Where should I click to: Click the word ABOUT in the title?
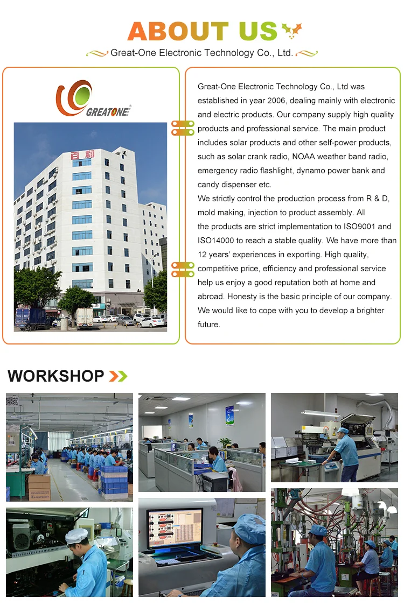(178, 31)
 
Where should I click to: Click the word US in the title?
(258, 31)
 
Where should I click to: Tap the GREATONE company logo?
(93, 99)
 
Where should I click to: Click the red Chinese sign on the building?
(82, 155)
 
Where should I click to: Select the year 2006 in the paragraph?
(276, 100)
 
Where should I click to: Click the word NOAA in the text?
(304, 156)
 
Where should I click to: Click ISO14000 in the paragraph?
(216, 241)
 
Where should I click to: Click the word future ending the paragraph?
(208, 325)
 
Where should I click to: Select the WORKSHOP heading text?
(56, 376)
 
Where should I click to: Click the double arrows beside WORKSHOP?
(118, 376)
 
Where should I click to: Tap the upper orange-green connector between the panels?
(183, 128)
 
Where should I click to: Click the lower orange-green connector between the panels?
(183, 269)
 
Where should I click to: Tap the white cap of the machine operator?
(76, 536)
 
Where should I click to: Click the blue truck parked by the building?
(32, 318)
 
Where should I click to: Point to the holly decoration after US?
(291, 31)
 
